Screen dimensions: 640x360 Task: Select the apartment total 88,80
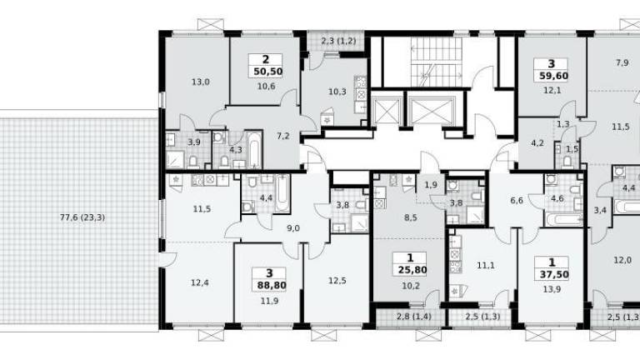click(269, 285)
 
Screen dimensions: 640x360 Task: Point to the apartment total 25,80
click(410, 270)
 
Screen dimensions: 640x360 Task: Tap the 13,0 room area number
click(200, 82)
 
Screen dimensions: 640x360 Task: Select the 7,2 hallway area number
click(282, 136)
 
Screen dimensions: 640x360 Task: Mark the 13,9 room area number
click(552, 289)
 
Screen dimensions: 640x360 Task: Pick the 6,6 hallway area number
click(517, 200)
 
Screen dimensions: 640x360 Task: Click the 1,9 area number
click(431, 185)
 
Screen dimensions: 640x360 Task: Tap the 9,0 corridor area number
click(293, 228)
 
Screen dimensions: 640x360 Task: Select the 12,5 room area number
click(337, 281)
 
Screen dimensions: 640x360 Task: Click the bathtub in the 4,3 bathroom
click(254, 149)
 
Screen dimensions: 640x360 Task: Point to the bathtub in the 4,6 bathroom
click(564, 220)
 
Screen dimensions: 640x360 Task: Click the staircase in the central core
click(437, 62)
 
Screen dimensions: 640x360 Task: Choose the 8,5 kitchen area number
click(410, 218)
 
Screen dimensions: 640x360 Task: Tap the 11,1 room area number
click(486, 266)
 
